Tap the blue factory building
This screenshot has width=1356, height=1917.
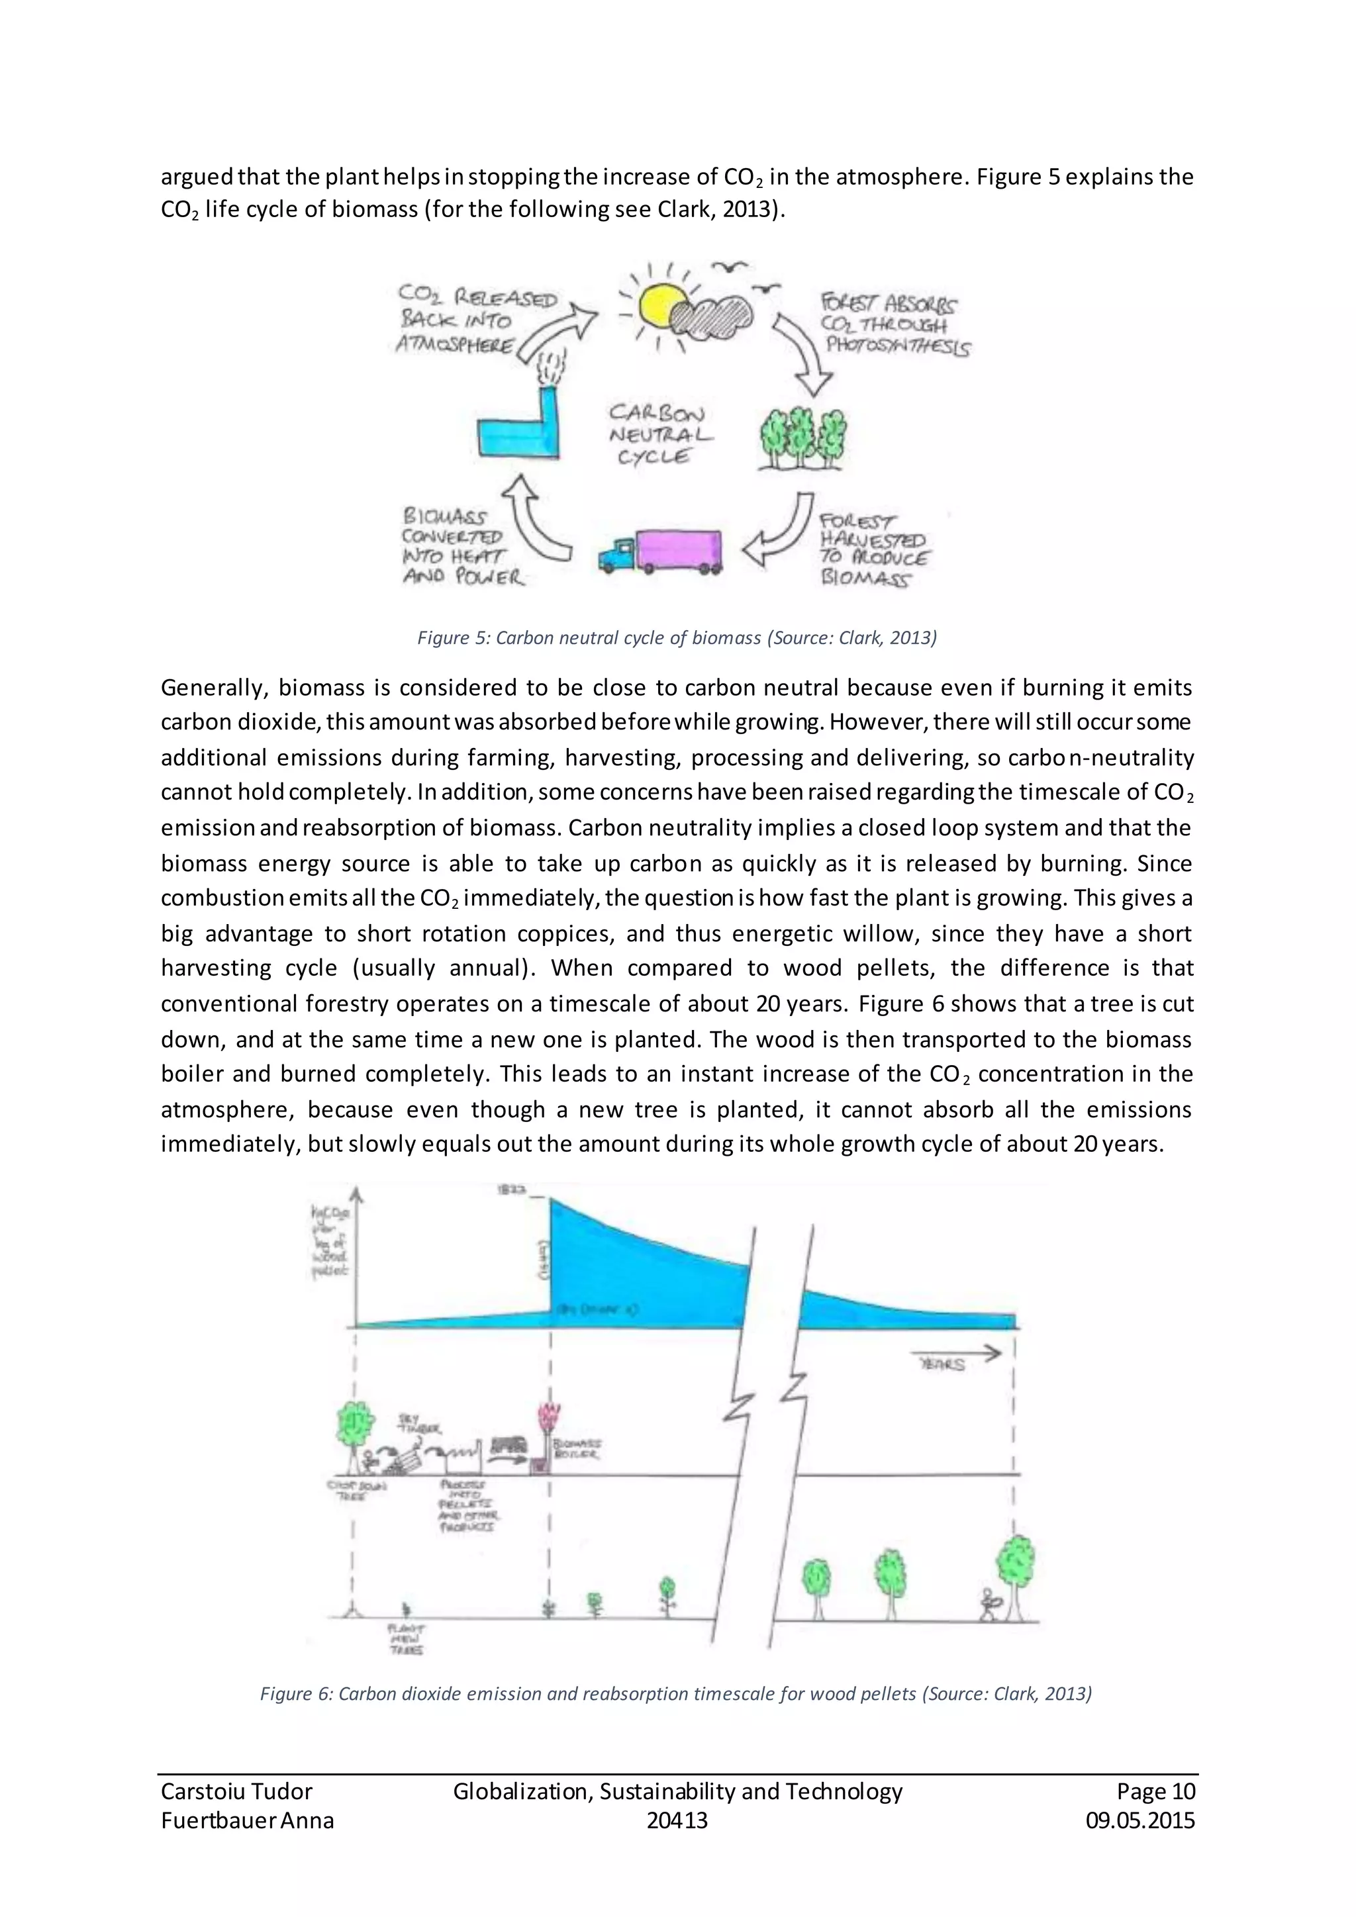pos(518,432)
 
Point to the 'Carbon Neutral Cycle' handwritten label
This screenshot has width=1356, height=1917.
pos(658,434)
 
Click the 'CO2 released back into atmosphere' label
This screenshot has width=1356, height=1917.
pos(476,320)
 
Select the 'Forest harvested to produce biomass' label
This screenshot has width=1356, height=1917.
pos(873,549)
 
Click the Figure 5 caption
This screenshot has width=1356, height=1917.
pos(676,638)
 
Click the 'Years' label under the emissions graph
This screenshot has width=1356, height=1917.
pos(942,1364)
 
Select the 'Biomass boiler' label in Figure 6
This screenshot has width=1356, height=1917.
pos(578,1448)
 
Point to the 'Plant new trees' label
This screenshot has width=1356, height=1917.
pos(407,1639)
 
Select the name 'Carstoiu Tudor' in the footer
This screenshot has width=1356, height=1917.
pos(236,1791)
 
